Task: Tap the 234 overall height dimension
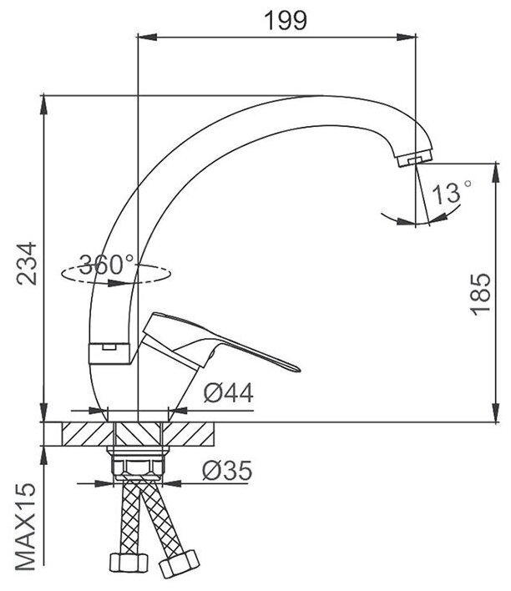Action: pos(28,264)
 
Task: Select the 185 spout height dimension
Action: pos(480,294)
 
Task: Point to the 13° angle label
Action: pos(451,193)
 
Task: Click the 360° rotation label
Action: pos(107,264)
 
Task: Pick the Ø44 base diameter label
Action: pos(229,392)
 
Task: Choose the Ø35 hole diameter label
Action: pos(227,470)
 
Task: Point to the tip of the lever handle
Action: pos(297,369)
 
